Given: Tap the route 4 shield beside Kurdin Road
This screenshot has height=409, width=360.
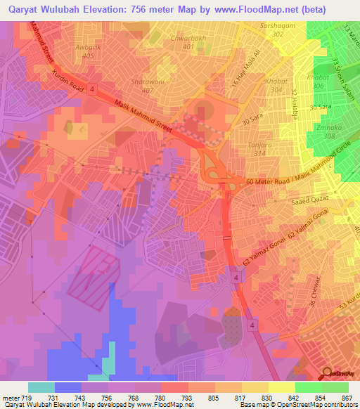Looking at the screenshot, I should click(92, 89).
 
